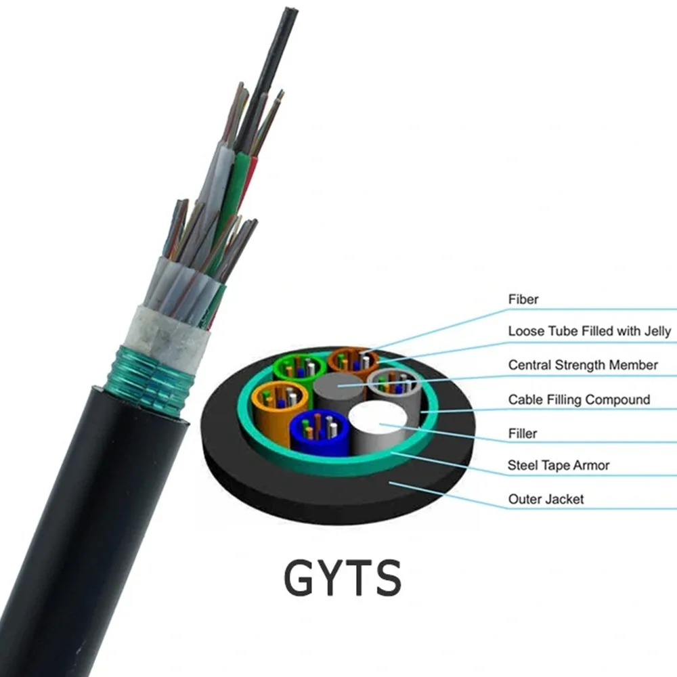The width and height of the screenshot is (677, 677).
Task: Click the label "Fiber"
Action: pyautogui.click(x=523, y=299)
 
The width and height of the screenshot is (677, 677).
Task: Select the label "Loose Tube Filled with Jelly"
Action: pyautogui.click(x=590, y=331)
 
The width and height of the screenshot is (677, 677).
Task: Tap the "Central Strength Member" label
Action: pyautogui.click(x=583, y=365)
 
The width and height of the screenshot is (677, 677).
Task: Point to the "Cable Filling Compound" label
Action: pyautogui.click(x=579, y=399)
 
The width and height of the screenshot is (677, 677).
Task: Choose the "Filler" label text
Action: pyautogui.click(x=523, y=433)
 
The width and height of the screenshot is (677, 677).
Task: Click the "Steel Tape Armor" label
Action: pyautogui.click(x=559, y=465)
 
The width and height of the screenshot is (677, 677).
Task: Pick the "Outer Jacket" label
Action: pyautogui.click(x=546, y=499)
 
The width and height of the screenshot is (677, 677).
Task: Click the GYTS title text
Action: pyautogui.click(x=343, y=578)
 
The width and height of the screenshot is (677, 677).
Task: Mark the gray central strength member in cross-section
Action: pyautogui.click(x=339, y=389)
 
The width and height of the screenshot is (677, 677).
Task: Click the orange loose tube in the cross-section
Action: pyautogui.click(x=353, y=361)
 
